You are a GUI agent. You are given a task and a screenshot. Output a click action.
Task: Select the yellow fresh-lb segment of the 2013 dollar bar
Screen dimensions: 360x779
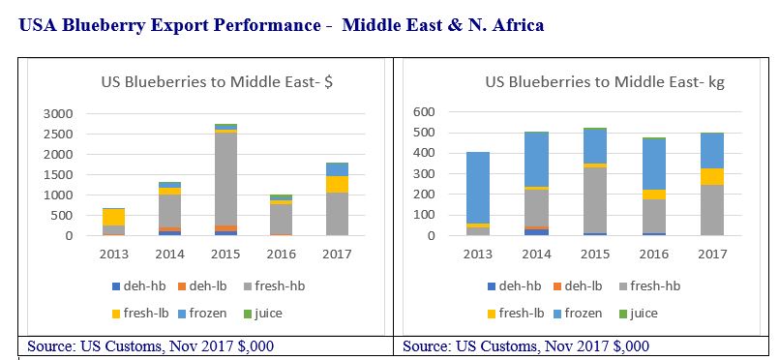pos(115,217)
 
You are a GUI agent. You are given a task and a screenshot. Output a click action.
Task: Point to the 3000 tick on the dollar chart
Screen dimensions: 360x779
pos(58,113)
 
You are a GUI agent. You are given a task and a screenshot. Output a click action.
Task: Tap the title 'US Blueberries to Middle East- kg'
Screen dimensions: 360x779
pos(605,82)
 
